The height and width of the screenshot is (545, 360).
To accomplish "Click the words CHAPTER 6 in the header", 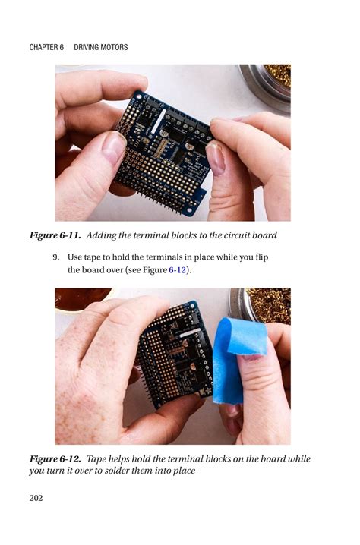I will click(x=46, y=48).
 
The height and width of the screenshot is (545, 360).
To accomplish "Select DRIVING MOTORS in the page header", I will click(x=101, y=48).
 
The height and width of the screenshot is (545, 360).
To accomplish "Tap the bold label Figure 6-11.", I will click(x=55, y=235).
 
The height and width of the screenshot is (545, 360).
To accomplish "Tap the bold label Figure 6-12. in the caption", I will click(x=55, y=459).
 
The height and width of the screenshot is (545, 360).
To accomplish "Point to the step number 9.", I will click(x=56, y=257).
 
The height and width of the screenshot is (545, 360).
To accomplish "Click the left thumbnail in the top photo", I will click(x=114, y=148).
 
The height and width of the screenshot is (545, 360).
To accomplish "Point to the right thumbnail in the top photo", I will click(x=216, y=158).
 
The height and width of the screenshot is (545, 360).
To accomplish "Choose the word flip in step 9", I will click(x=259, y=257).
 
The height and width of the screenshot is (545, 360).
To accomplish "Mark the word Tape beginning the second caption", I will click(x=99, y=459).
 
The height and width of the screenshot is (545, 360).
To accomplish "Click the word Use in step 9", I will click(x=75, y=257).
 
